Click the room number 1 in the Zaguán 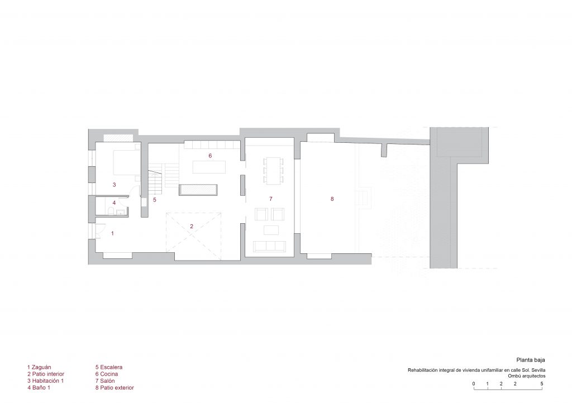[112, 233]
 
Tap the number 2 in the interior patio [192, 226]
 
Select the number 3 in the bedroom [114, 185]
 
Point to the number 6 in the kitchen [210, 156]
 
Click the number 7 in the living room [271, 199]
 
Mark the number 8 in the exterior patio [332, 199]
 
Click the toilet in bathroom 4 [110, 211]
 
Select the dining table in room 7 [273, 170]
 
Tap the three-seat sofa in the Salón [270, 247]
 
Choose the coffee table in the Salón [271, 230]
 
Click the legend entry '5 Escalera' [109, 367]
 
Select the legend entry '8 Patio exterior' [115, 388]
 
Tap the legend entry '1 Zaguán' [39, 367]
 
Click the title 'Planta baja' [531, 360]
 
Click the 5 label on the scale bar [542, 383]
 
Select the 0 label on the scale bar [474, 383]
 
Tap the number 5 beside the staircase [155, 200]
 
